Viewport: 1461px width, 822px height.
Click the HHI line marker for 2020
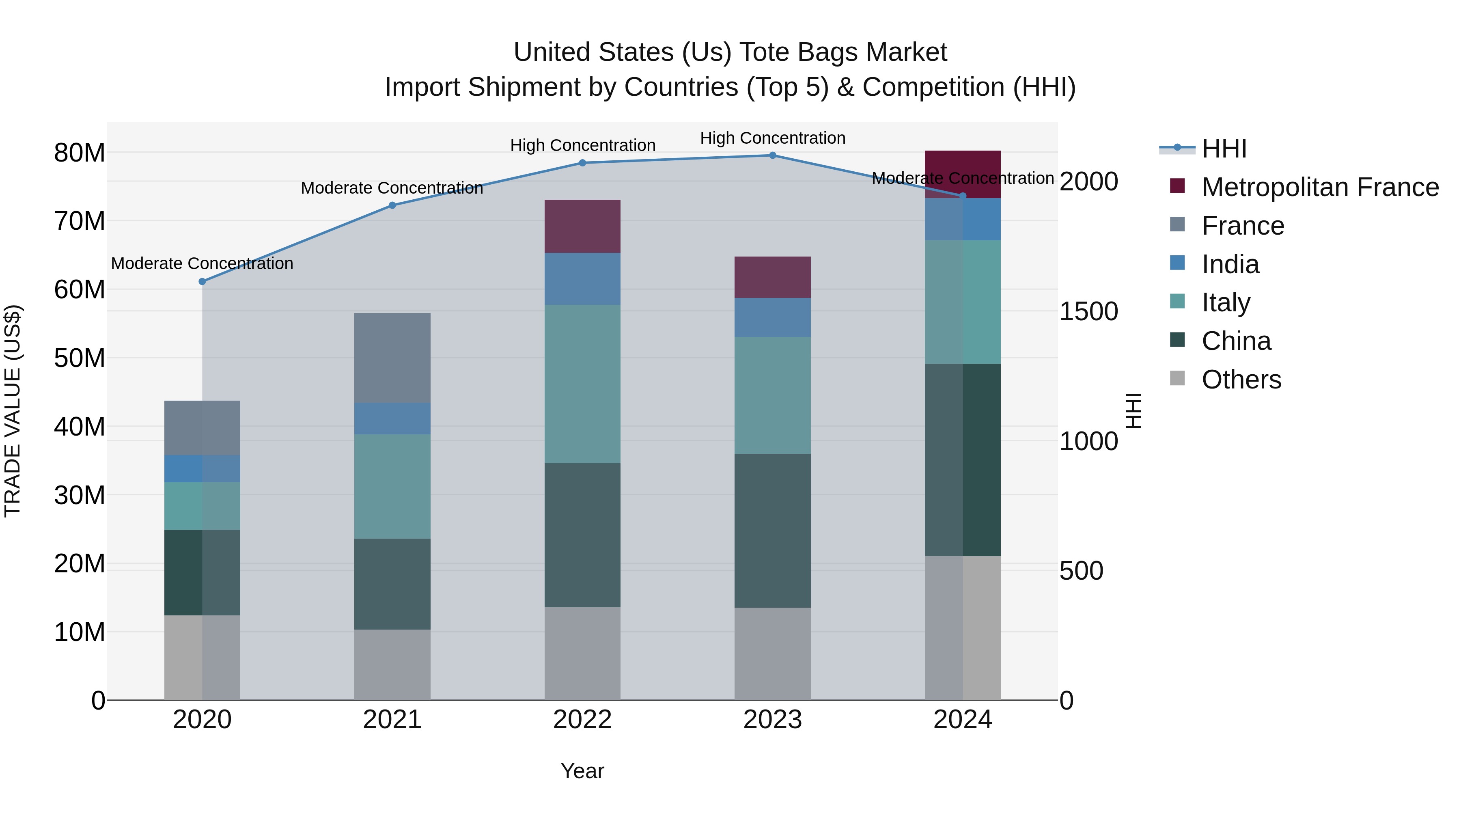tap(203, 281)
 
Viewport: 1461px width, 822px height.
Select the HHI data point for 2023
tap(772, 155)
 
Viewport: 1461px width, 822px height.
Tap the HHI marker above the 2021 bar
tap(392, 205)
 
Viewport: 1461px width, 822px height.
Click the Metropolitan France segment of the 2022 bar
tap(582, 227)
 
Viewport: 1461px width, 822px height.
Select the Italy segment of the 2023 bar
tap(772, 395)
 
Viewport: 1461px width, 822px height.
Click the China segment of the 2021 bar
tap(392, 584)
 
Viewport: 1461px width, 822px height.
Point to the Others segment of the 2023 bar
tap(772, 654)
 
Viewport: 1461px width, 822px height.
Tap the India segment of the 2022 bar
tap(582, 279)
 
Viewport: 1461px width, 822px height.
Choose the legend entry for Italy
tap(1225, 302)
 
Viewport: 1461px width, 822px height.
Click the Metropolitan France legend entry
tap(1319, 187)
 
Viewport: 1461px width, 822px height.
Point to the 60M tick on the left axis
tap(80, 289)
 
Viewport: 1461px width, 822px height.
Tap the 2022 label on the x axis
tap(582, 720)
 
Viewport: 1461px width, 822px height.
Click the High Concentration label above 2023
tap(772, 138)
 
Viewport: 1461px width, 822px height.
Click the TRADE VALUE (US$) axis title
tap(13, 411)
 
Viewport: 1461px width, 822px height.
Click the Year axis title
tap(582, 771)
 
